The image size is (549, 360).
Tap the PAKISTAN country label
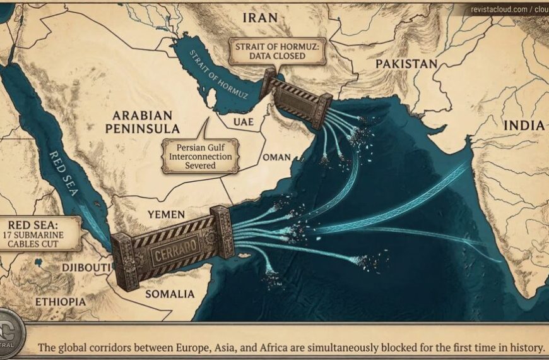[x=406, y=64]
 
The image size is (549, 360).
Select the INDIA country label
[x=523, y=126]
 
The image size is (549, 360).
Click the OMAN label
[x=277, y=157]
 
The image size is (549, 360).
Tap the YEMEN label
[x=166, y=215]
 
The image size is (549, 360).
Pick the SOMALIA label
[x=169, y=294]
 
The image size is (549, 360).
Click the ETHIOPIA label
[x=60, y=301]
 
